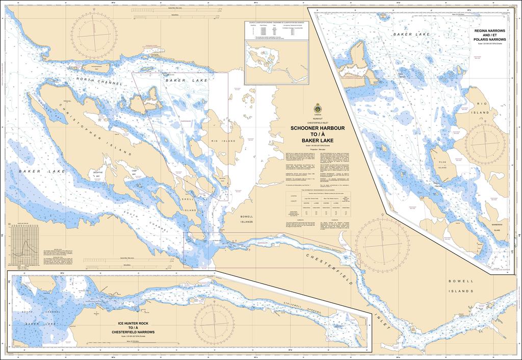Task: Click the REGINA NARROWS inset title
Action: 489,35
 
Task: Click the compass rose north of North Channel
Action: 95,37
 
